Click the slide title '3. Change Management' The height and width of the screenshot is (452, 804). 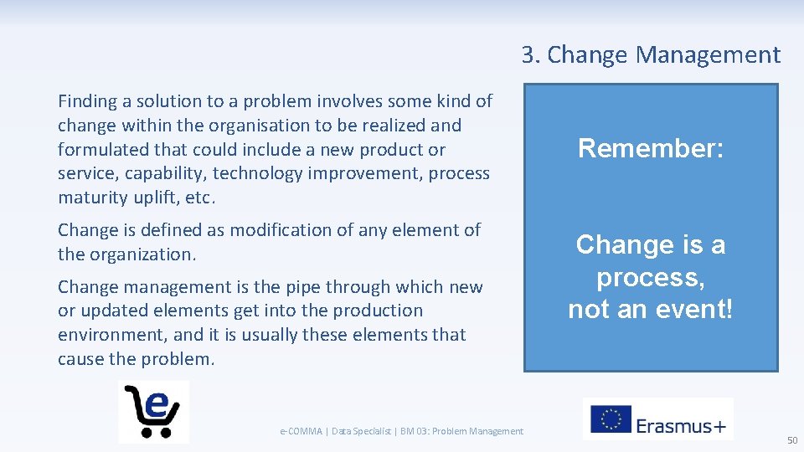tap(651, 55)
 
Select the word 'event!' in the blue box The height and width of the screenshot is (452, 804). tap(693, 309)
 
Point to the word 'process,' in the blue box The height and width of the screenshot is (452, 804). tap(651, 277)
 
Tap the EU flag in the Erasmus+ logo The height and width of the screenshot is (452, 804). tap(611, 419)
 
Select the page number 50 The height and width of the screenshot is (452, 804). tap(791, 440)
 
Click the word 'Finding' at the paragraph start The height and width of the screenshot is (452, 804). tap(88, 101)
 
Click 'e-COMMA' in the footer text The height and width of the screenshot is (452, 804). tap(301, 431)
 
